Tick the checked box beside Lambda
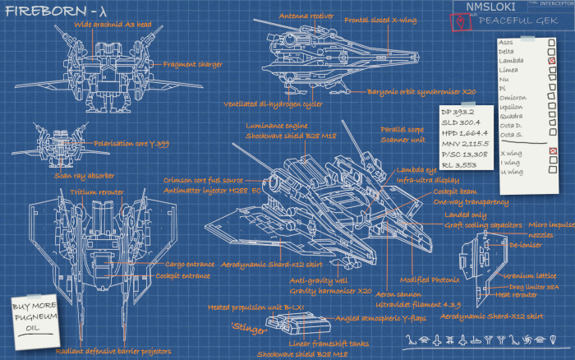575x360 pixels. click(552, 61)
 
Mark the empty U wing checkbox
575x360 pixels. click(552, 171)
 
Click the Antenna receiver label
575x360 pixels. click(306, 16)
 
